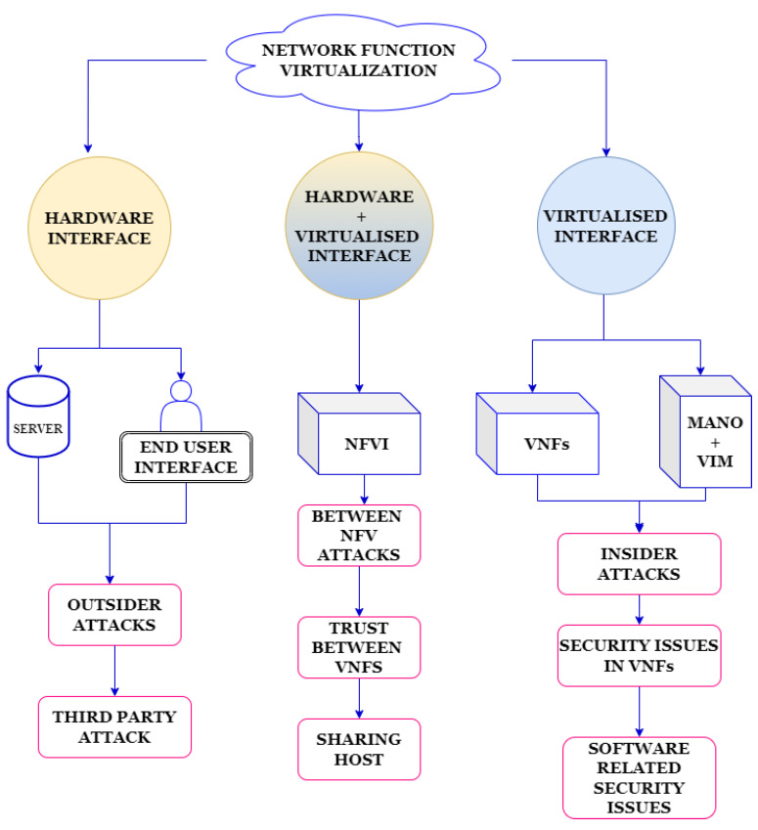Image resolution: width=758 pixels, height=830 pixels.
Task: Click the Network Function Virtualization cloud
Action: (x=360, y=62)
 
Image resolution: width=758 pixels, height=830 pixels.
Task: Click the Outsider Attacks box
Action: (x=115, y=614)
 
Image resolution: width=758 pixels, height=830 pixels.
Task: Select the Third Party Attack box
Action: (x=115, y=726)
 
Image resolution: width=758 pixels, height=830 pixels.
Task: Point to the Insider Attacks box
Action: (x=639, y=563)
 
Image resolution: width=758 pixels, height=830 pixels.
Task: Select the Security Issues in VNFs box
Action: (x=639, y=656)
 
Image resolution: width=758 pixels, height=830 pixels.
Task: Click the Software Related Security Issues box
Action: (x=639, y=777)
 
